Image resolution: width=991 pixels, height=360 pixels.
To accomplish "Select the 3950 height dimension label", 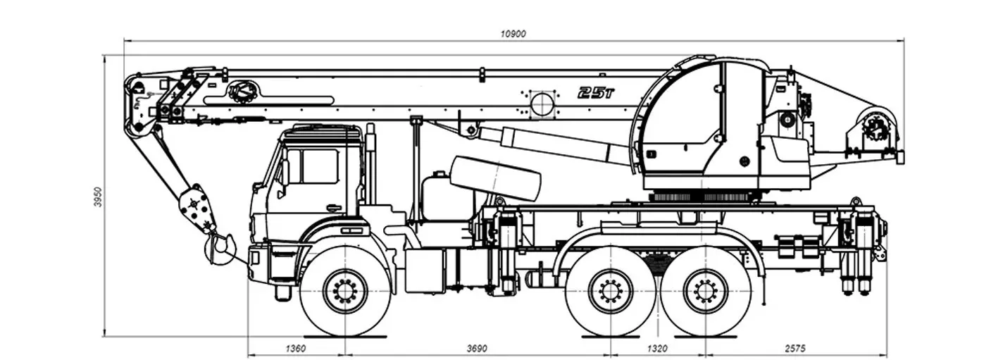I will point(98,197).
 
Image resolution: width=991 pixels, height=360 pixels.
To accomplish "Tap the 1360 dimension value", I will point(296,348).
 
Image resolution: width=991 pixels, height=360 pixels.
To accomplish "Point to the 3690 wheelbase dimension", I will point(477,348).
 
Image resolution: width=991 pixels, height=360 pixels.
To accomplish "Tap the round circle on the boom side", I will point(542,103).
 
